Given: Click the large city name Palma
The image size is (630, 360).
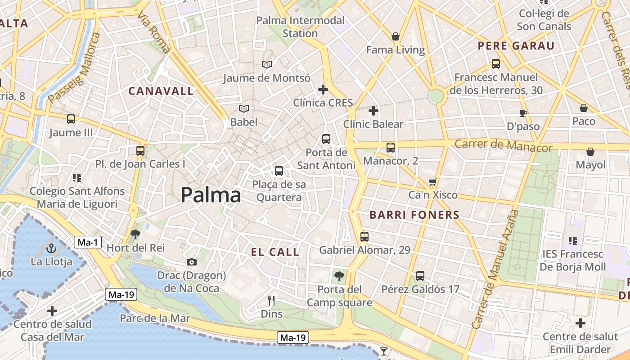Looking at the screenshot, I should (211, 195).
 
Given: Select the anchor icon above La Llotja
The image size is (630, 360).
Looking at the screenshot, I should (51, 248).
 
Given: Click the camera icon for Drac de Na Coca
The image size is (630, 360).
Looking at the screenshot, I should (192, 262).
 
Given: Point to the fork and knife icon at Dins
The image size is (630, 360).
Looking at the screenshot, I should (271, 301).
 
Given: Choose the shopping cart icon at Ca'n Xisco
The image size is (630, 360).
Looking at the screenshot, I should (433, 182).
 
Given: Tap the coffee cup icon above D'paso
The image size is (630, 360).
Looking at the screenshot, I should (523, 113).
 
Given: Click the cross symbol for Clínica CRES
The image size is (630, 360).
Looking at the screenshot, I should (323, 90).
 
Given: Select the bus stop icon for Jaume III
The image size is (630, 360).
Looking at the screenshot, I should (71, 119).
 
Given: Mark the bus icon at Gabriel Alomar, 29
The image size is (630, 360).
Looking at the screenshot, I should (364, 236).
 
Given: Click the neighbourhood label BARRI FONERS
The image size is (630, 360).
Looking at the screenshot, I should (414, 215).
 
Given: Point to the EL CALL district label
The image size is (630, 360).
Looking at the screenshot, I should (275, 252).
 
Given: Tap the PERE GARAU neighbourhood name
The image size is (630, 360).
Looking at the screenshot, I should (516, 46).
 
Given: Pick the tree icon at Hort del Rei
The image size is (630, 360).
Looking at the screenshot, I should (135, 234).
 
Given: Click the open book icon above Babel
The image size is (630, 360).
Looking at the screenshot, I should (244, 109).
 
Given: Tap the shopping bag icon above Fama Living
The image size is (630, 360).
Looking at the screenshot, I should (396, 36).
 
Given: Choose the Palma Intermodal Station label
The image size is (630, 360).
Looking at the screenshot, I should (300, 27).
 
